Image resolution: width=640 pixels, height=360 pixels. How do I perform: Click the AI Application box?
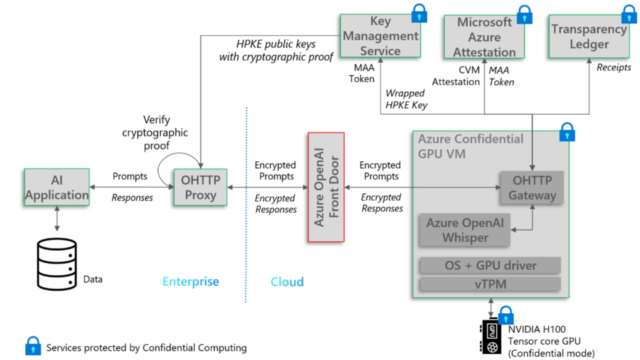pos(57,187)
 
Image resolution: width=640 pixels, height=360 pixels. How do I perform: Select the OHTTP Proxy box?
pos(200,187)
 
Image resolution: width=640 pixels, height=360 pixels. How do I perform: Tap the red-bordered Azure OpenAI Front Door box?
pos(326,187)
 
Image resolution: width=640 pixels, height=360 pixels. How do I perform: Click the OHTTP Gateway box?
pos(533,187)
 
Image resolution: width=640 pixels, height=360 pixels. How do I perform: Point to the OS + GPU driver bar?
pos(490,265)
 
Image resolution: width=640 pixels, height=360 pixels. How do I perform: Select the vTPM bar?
pos(490,285)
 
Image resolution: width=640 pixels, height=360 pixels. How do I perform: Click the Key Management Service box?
pos(381,36)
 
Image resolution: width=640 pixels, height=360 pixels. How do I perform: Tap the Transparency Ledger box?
pos(589,36)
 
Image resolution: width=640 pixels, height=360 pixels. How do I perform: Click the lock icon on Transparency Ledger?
pos(628,14)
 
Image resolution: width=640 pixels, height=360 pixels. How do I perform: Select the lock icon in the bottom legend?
pos(33,346)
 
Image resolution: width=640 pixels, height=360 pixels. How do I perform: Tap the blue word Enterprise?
pos(191,282)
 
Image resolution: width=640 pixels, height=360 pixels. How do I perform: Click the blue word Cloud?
pos(287,282)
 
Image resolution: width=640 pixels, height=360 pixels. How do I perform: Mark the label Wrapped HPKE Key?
pos(406,99)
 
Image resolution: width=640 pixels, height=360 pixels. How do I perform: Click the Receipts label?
pos(613,67)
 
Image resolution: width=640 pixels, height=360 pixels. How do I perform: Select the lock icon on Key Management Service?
pos(419,13)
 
